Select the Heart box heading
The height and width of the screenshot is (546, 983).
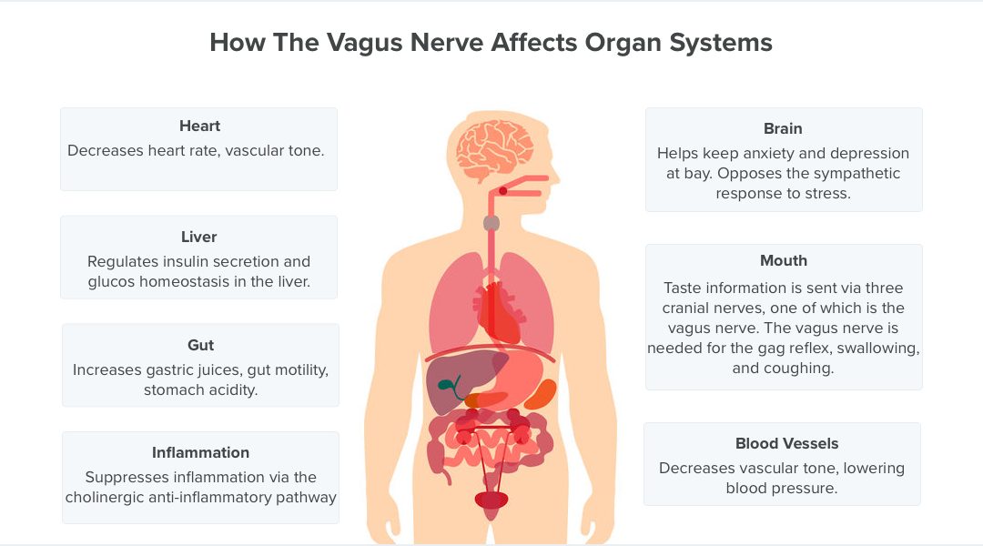[x=199, y=126]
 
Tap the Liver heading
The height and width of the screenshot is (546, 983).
[x=198, y=237]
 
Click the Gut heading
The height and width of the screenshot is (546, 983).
[x=200, y=346]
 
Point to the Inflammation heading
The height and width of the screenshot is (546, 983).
[x=200, y=452]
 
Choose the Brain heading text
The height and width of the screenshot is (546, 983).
[x=783, y=128]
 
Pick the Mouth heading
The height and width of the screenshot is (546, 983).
[x=784, y=261]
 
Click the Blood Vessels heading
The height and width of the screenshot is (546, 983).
[x=786, y=444]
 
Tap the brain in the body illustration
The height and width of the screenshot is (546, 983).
[x=494, y=149]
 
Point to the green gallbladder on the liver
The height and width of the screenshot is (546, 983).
[x=450, y=387]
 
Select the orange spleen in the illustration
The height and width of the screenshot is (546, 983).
[x=540, y=394]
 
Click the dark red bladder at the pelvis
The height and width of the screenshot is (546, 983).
[x=491, y=500]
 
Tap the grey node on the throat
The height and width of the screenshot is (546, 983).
[x=491, y=223]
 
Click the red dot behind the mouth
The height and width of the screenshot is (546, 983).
[x=502, y=190]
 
